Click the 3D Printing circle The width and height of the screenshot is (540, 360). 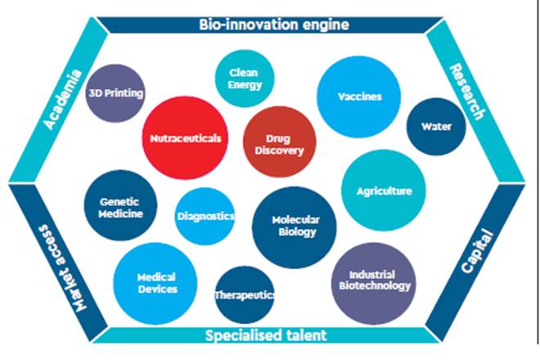[x=115, y=93]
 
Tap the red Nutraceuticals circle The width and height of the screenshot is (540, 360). [x=186, y=138]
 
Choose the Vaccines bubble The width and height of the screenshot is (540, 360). [x=359, y=97]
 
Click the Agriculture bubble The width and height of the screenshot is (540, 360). [x=383, y=191]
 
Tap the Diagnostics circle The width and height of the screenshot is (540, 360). [x=205, y=216]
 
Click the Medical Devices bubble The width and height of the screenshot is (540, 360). [x=156, y=282]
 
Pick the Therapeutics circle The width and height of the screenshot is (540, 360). [x=244, y=295]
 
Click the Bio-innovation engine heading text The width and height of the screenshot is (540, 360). [x=274, y=25]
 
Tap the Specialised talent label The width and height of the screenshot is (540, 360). [x=266, y=335]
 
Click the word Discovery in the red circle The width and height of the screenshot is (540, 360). [x=286, y=151]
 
